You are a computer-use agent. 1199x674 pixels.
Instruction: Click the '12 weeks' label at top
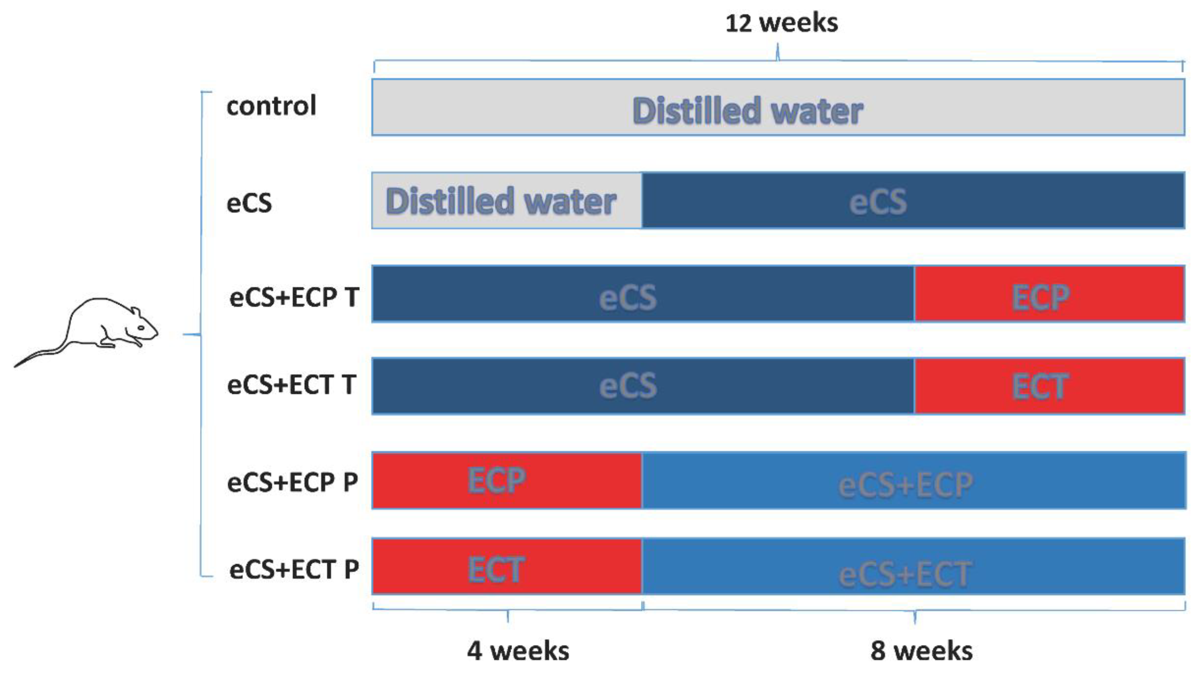[x=782, y=23]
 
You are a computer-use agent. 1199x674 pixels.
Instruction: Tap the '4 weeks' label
[x=518, y=651]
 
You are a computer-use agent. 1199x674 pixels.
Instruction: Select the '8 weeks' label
[x=921, y=651]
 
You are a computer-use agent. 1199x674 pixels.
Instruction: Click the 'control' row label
[x=271, y=106]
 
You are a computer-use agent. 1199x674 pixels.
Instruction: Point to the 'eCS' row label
[x=249, y=203]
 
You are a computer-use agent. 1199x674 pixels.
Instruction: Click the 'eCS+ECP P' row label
[x=292, y=482]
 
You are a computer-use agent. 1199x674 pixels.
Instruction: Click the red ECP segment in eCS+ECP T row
[x=1049, y=294]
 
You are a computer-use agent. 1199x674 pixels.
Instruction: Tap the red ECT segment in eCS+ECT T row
[x=1049, y=386]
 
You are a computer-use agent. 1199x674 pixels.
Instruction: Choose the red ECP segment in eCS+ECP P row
[x=506, y=480]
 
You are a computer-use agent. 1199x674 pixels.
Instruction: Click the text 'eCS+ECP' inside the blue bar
[x=905, y=485]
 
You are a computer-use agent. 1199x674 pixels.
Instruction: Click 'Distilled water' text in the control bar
[x=748, y=111]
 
